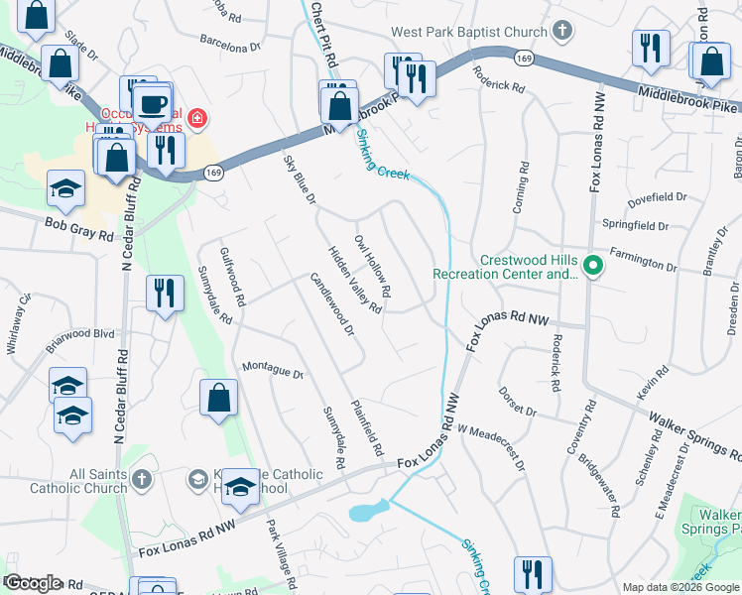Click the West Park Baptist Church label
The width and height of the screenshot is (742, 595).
coord(468,32)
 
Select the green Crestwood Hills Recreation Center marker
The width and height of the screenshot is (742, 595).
coord(593,266)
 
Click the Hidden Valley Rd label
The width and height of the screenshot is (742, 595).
coord(355,281)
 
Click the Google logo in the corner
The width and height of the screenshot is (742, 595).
coord(33,583)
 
